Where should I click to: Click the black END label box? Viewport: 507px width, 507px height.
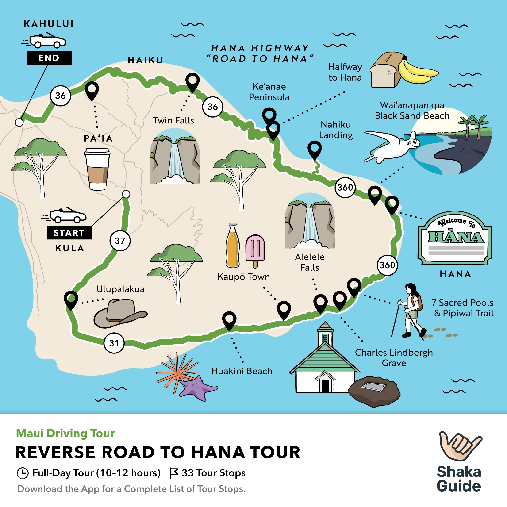[x=49, y=58]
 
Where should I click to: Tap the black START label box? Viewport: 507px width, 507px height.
[x=69, y=233]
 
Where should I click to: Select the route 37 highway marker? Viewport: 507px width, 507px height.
[x=120, y=241]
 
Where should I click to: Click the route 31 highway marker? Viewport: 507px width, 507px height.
[x=114, y=343]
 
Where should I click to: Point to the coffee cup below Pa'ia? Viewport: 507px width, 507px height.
[x=97, y=169]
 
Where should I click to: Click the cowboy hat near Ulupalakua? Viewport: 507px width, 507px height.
[x=120, y=314]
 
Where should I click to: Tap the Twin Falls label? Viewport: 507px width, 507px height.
[x=173, y=120]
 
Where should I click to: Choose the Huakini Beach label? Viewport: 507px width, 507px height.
[x=242, y=371]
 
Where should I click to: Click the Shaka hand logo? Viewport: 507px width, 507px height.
[x=460, y=446]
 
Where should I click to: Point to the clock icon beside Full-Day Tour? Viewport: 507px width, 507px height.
[x=23, y=473]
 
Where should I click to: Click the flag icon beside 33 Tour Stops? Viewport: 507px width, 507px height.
[x=173, y=473]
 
